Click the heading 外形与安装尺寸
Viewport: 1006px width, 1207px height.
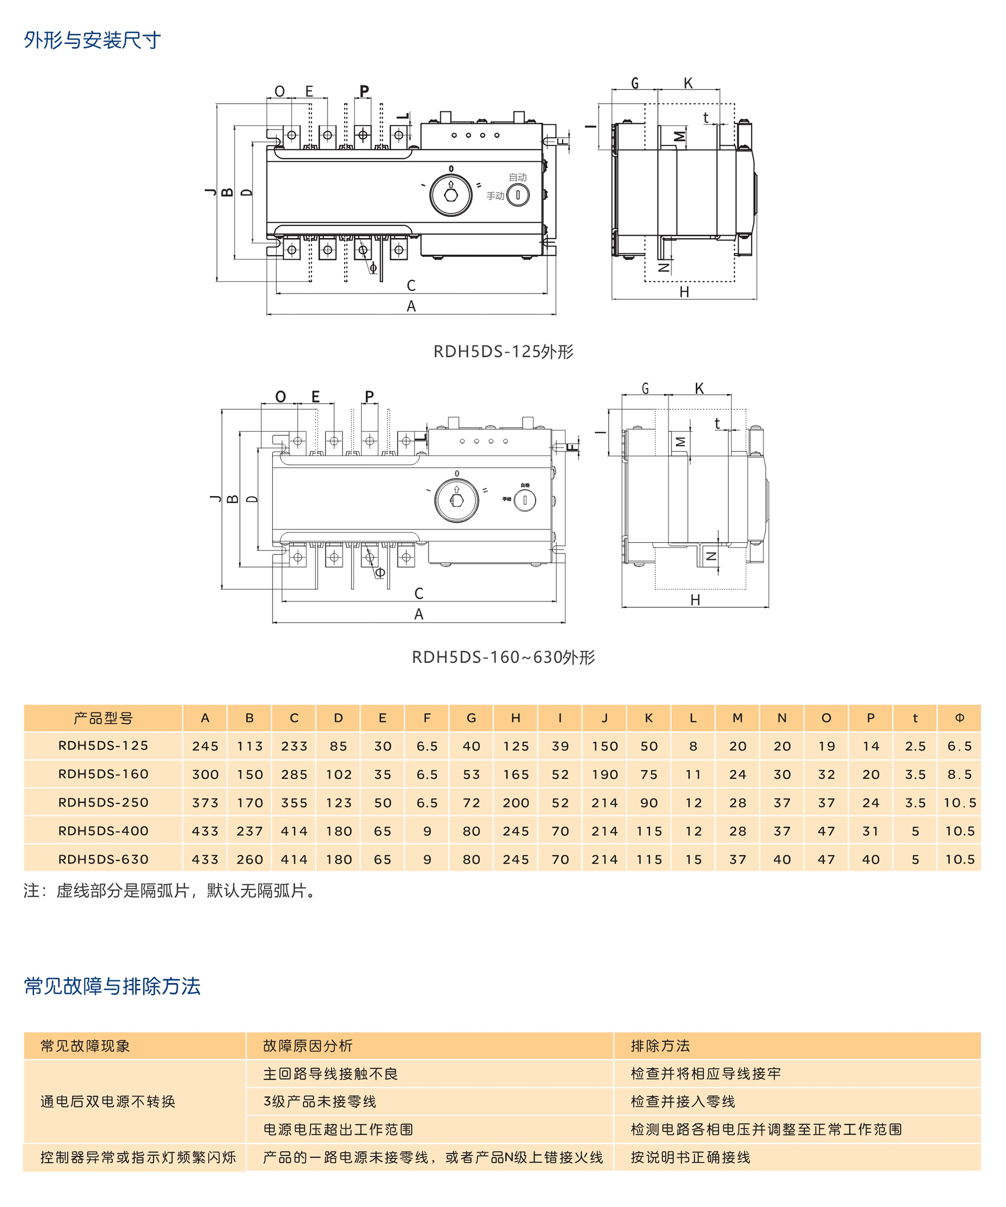[x=92, y=40]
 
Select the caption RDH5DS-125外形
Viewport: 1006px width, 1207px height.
[x=504, y=351]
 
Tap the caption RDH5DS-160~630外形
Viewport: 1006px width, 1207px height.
[x=504, y=657]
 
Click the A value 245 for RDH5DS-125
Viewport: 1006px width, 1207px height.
[x=205, y=746]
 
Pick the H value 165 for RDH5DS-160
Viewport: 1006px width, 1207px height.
[x=516, y=774]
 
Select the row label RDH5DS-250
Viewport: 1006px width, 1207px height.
[x=104, y=802]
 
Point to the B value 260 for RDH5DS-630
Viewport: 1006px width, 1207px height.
[x=249, y=859]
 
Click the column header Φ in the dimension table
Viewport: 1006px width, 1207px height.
[x=959, y=718]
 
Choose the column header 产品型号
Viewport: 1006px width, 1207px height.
[x=104, y=718]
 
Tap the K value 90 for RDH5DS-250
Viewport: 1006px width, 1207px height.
[x=649, y=802]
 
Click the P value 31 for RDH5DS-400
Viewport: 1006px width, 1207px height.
[x=871, y=831]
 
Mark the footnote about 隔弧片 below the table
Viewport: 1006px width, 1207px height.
[x=170, y=891]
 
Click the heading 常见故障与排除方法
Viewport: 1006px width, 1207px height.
[x=112, y=986]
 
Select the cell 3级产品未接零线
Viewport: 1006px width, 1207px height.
[x=320, y=1102]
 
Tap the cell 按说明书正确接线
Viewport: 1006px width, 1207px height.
[x=690, y=1158]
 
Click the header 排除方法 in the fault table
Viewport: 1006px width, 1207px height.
[x=660, y=1046]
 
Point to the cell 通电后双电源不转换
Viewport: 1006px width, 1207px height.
[x=108, y=1102]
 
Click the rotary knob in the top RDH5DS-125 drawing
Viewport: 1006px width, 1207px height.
[x=451, y=195]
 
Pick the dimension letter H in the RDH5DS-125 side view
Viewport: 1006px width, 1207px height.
[x=684, y=292]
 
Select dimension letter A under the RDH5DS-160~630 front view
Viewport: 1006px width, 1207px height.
[x=418, y=614]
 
